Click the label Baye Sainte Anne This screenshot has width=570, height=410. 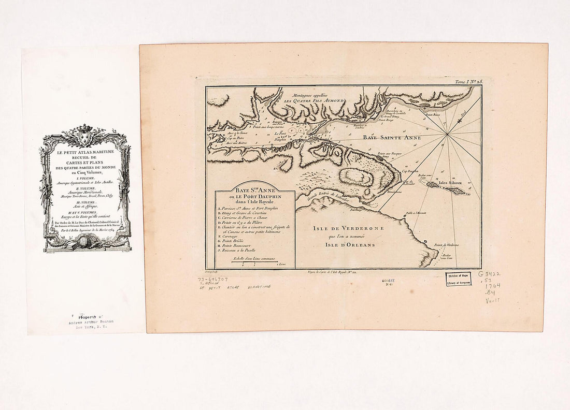click(x=383, y=138)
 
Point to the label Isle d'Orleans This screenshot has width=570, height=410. click(x=350, y=245)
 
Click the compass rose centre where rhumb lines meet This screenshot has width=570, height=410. click(x=447, y=134)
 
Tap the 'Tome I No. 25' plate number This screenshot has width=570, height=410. click(x=468, y=82)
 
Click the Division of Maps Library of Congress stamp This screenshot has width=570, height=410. click(x=458, y=279)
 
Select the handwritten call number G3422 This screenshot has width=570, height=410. click(x=490, y=273)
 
